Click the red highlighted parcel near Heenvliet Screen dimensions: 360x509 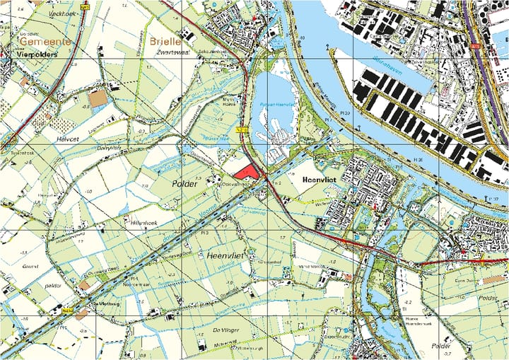point(246,171)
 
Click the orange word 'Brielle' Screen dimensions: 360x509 point(165,42)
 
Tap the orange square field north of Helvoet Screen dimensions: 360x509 point(98,98)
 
